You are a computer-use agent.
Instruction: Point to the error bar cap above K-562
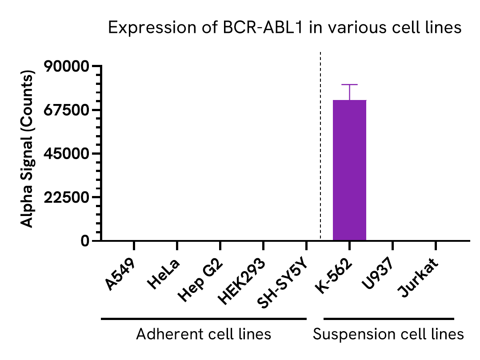click(x=349, y=84)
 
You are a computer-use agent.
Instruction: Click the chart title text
click(x=285, y=28)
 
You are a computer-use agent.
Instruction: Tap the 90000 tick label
click(x=67, y=67)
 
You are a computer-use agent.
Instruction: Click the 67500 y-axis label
click(x=67, y=110)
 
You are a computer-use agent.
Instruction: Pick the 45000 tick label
click(x=67, y=154)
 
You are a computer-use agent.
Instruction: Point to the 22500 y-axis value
click(x=67, y=197)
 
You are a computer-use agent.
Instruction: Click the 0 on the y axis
click(x=85, y=241)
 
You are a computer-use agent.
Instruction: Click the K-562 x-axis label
click(x=334, y=277)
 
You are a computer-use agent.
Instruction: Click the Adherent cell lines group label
click(x=204, y=334)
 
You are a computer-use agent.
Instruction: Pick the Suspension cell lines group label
click(x=388, y=334)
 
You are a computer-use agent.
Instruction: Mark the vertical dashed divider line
click(x=321, y=147)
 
